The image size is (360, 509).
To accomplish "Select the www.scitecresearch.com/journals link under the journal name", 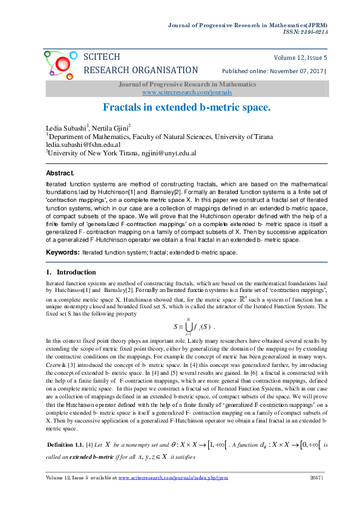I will tap(186, 92).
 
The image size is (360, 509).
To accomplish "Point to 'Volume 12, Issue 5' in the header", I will tap(301, 57).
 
